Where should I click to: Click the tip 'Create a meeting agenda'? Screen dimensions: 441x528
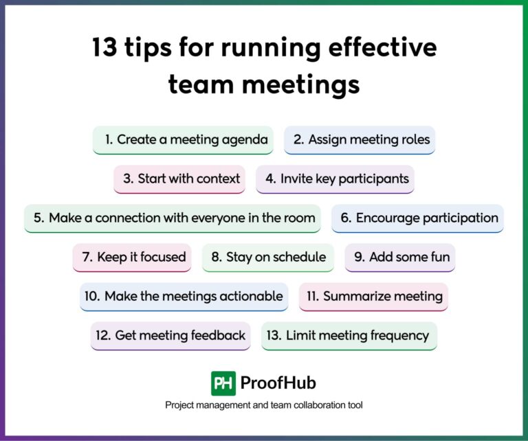[183, 140]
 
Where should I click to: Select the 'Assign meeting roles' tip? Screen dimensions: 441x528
[360, 140]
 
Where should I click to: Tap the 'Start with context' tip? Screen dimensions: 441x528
[179, 179]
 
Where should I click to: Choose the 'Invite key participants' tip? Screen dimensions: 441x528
[335, 179]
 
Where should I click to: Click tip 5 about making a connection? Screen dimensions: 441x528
[173, 218]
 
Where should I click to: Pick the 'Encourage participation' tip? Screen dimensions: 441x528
[418, 218]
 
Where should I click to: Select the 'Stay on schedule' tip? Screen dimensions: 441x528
[268, 258]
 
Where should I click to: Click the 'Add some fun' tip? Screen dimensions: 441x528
[400, 258]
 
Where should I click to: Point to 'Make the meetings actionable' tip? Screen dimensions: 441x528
[184, 297]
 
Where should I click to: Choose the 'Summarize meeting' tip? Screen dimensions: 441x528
[374, 297]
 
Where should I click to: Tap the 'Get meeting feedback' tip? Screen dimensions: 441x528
[170, 336]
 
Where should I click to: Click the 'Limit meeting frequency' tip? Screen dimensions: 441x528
[349, 336]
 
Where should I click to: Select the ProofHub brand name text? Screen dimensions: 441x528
[278, 383]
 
